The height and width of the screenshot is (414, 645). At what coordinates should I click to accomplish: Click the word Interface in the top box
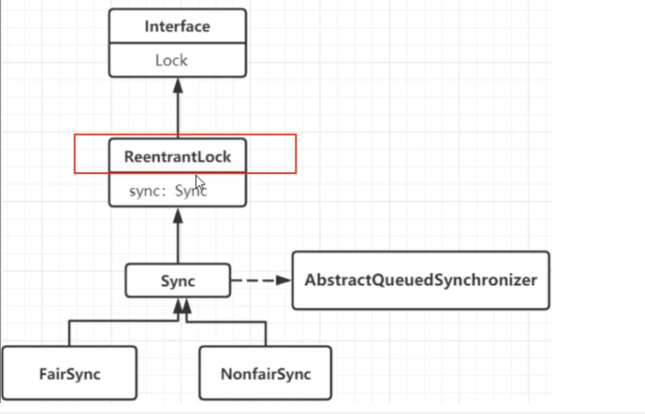(x=177, y=26)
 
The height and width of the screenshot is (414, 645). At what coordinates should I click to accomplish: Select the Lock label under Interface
(x=171, y=60)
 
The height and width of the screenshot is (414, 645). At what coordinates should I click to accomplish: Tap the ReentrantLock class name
(x=177, y=157)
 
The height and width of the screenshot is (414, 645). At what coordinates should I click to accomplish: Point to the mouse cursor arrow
(x=199, y=182)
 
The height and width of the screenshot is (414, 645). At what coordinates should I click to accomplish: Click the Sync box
(x=178, y=281)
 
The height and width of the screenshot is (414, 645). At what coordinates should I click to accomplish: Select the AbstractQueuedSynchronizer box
(x=420, y=280)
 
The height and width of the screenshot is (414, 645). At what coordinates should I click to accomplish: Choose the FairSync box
(x=69, y=374)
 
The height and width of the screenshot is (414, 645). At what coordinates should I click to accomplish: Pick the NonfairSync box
(x=265, y=374)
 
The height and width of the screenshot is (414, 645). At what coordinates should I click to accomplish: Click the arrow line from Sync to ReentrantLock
(x=178, y=242)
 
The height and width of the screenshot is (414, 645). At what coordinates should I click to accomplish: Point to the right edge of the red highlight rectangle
(x=296, y=154)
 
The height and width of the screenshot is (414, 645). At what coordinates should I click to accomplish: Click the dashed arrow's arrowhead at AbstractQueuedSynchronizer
(x=284, y=280)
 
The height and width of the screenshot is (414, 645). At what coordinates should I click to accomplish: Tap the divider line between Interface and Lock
(x=177, y=43)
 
